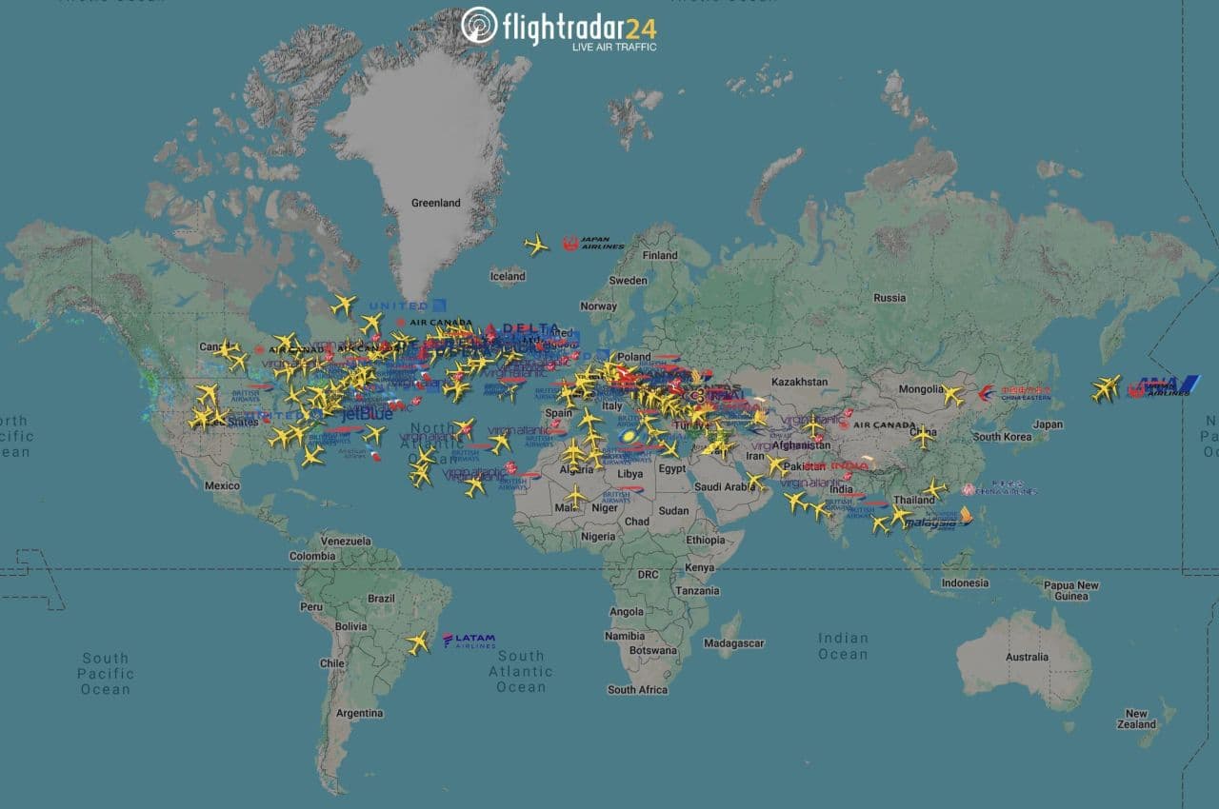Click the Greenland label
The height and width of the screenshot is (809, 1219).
435,203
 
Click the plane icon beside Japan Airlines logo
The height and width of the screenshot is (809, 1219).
536,245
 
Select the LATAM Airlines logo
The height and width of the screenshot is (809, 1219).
470,641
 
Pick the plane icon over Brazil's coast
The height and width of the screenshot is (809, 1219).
418,642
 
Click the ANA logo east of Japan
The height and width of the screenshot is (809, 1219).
1163,386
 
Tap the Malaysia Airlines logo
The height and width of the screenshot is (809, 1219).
939,520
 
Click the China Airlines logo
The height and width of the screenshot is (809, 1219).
999,490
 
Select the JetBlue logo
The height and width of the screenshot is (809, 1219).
367,414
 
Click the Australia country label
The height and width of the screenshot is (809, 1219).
1027,657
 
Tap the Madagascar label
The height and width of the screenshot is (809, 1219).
733,643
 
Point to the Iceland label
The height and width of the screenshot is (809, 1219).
508,276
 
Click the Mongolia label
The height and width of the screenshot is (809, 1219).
920,389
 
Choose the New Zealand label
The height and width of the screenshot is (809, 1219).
1136,719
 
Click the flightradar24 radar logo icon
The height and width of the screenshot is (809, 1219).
479,26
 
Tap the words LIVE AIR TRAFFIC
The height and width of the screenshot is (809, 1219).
613,47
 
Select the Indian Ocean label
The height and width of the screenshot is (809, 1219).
843,646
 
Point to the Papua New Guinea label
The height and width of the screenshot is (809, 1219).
1071,591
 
